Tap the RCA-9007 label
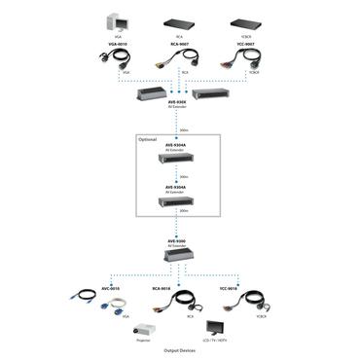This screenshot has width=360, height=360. tap(180, 45)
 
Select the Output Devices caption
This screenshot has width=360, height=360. tap(180, 351)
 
